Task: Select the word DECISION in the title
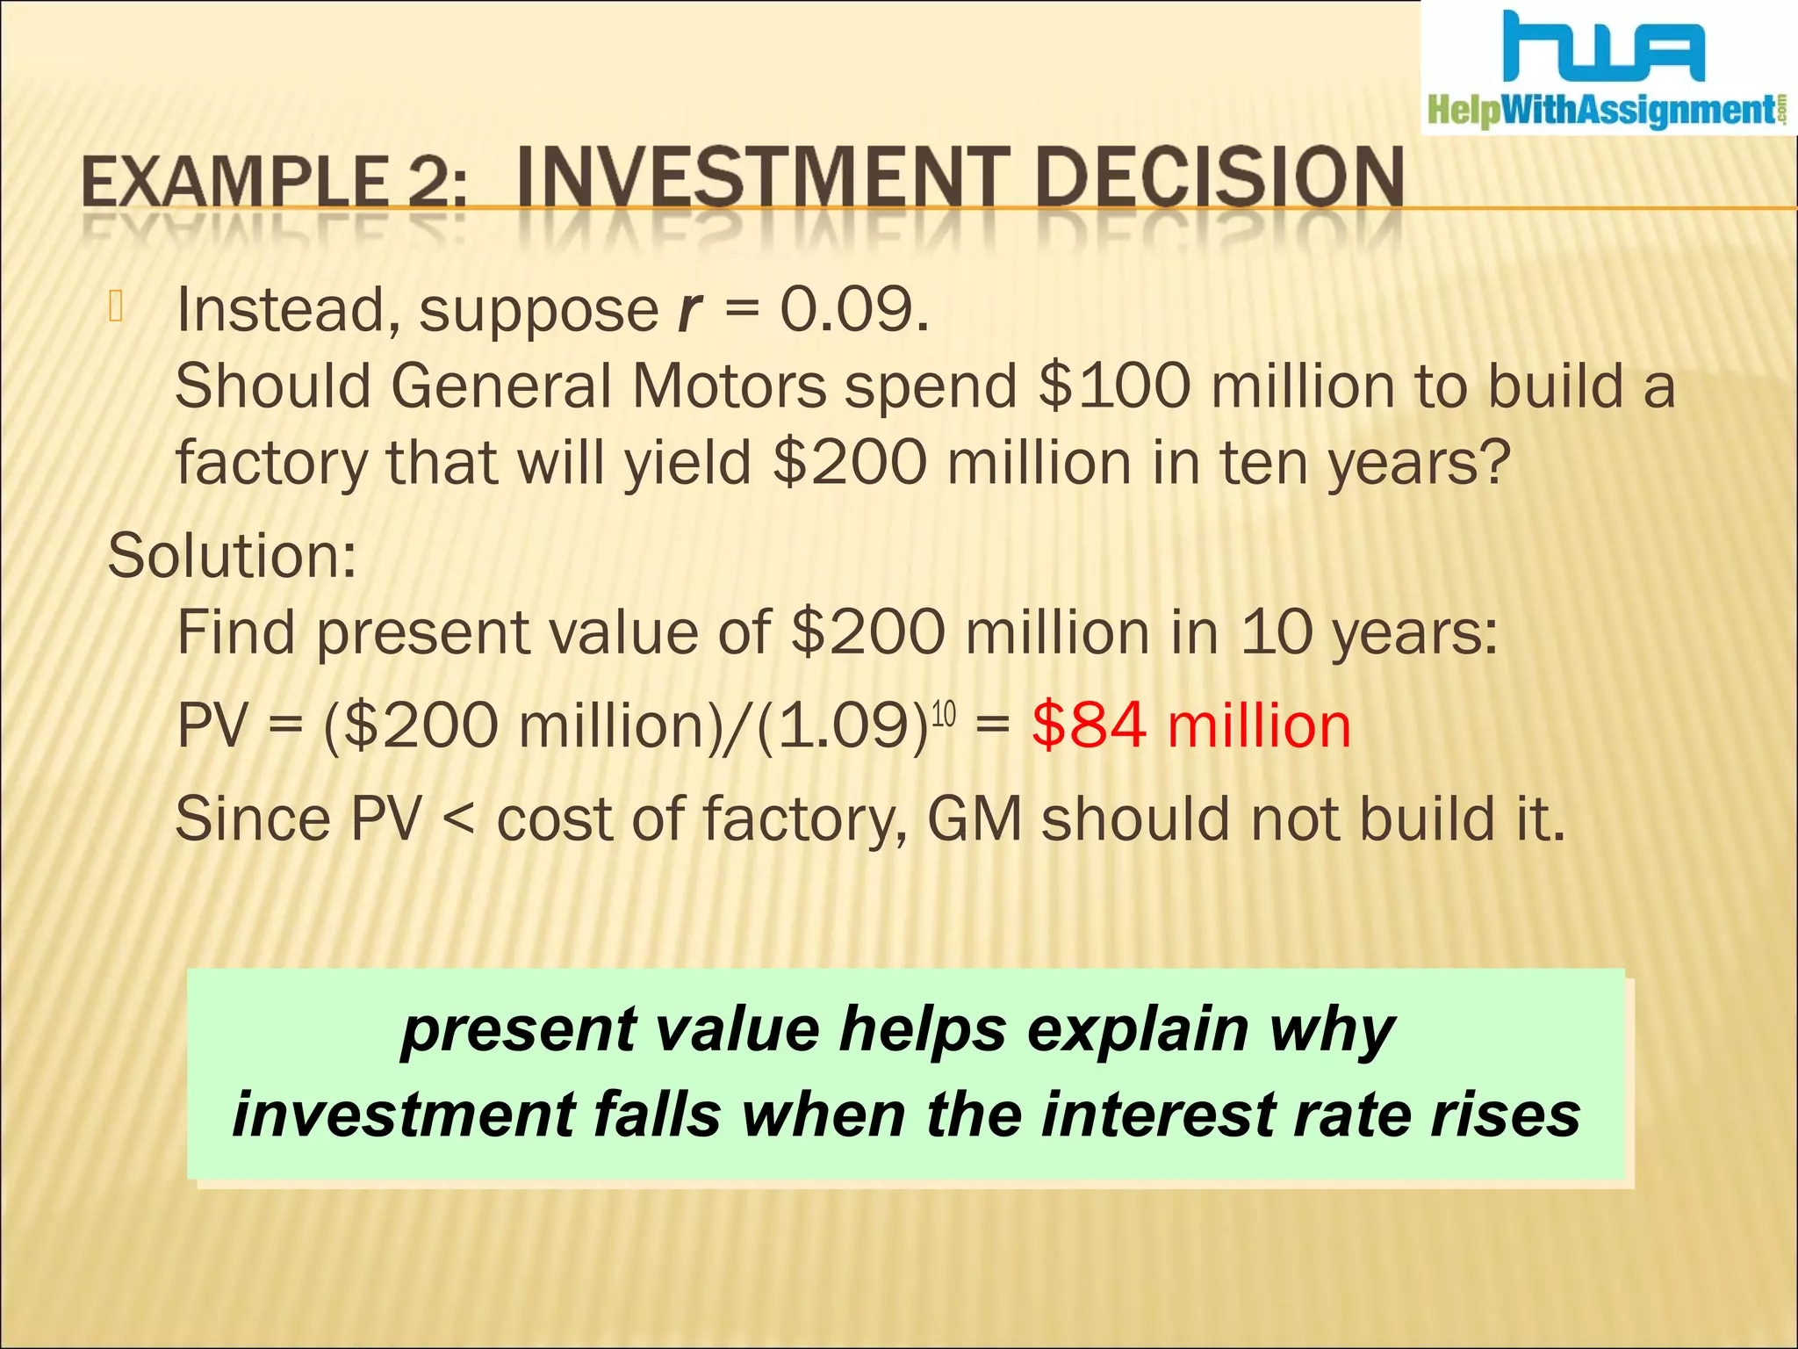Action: coord(1219,178)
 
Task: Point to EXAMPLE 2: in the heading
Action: coord(274,182)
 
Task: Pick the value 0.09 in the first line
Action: coord(853,311)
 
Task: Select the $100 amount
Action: coord(1113,386)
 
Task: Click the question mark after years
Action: coord(1492,463)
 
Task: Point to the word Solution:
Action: coord(232,556)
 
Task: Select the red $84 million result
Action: coord(1191,726)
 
